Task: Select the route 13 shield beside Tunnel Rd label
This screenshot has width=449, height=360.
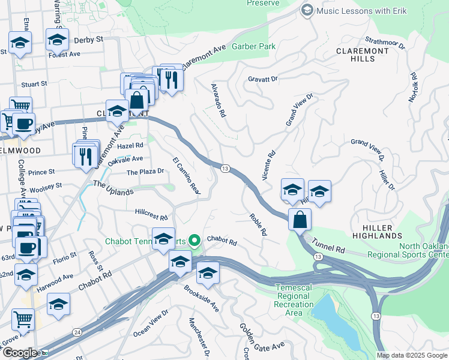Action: pos(317,257)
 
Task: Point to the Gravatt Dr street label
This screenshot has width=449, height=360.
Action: pos(263,79)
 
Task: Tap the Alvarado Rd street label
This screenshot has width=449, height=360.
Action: pos(217,100)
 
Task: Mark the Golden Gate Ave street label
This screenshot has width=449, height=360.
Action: pos(262,339)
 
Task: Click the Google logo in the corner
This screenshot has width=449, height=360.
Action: pos(20,353)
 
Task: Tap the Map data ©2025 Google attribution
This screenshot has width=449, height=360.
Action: pos(411,355)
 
